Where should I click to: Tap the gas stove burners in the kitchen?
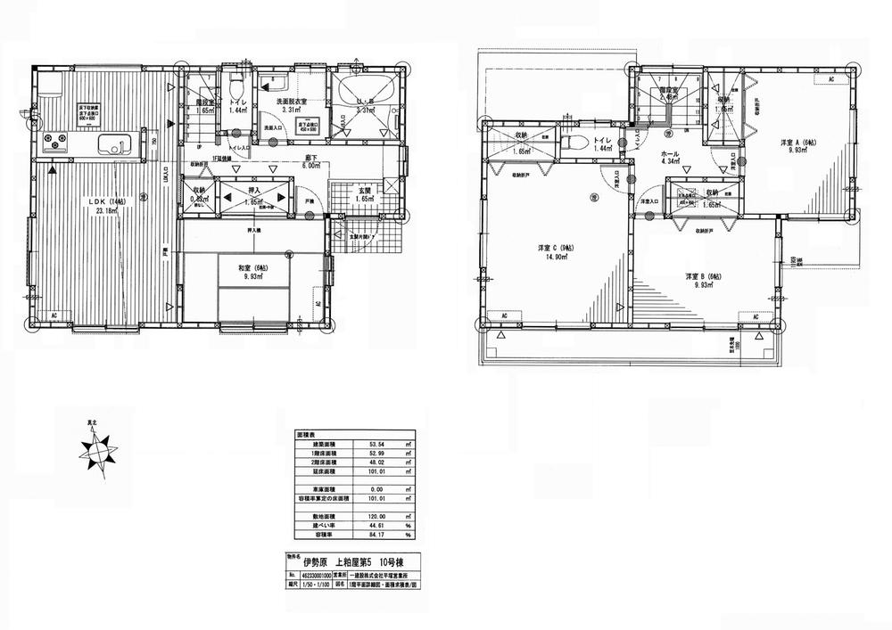click(x=53, y=141)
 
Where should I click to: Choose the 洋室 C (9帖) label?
click(x=549, y=247)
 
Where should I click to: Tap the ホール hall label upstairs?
click(x=669, y=155)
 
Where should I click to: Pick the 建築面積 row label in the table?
click(x=314, y=441)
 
